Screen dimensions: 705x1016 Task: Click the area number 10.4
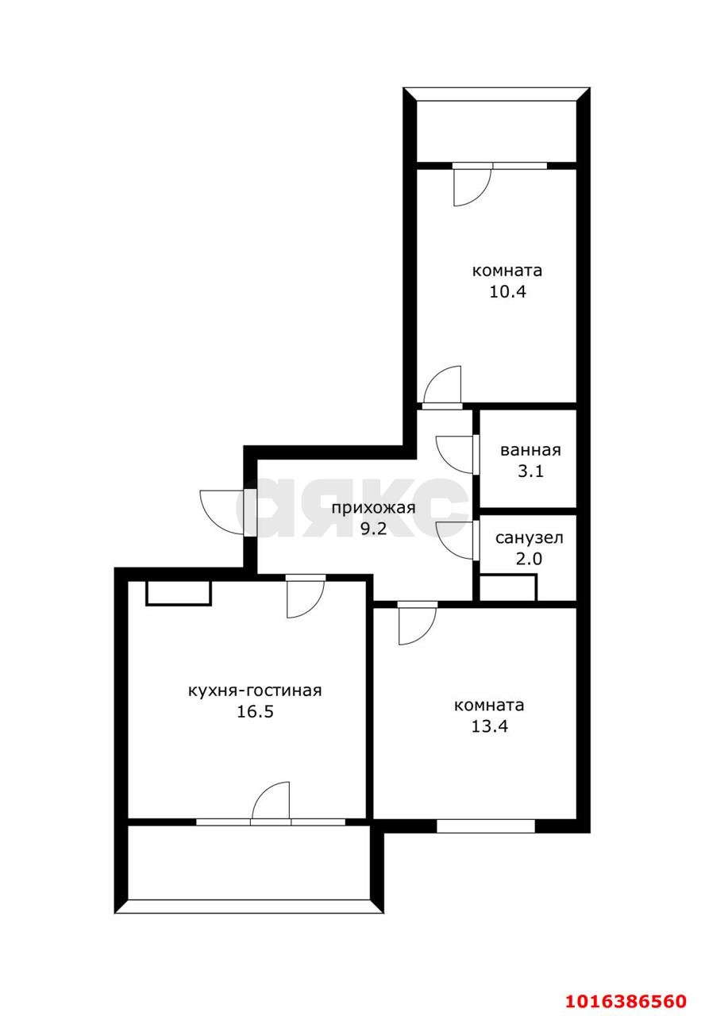[x=507, y=291]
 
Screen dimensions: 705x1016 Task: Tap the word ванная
[x=530, y=450]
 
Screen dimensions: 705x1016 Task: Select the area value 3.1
[x=530, y=471]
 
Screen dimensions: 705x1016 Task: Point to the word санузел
[x=529, y=537]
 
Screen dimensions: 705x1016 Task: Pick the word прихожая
[x=373, y=508]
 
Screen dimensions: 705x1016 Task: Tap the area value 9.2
[x=373, y=529]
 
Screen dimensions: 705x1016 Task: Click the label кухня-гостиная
[x=255, y=691]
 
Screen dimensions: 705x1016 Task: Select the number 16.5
[x=255, y=712]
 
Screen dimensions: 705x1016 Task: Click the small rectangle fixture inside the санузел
[x=508, y=587]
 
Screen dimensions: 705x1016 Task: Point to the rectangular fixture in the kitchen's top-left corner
[x=179, y=593]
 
